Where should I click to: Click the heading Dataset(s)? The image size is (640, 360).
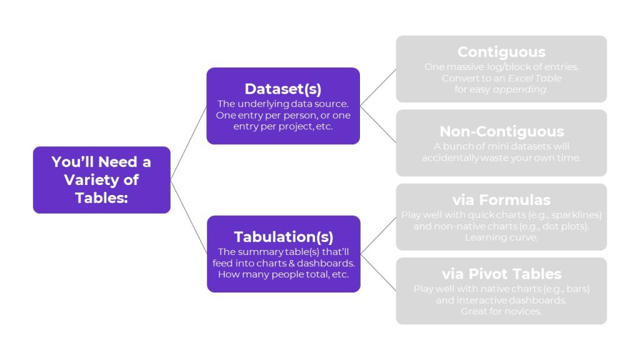(283, 89)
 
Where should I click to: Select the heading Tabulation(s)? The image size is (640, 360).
(283, 237)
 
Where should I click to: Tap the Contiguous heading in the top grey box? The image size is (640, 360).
(501, 52)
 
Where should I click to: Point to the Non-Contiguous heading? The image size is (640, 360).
(501, 131)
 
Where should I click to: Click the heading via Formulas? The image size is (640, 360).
(501, 200)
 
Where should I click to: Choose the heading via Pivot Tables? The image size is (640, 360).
(501, 274)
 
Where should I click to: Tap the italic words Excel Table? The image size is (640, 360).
(534, 79)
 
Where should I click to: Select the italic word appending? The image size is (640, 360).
(519, 89)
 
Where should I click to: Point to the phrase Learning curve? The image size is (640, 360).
(501, 237)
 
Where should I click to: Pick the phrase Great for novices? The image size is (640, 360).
(501, 311)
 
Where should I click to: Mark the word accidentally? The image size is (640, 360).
(450, 157)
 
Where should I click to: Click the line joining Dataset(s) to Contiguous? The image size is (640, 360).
(378, 87)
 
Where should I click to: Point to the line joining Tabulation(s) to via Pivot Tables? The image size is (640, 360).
(378, 272)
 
